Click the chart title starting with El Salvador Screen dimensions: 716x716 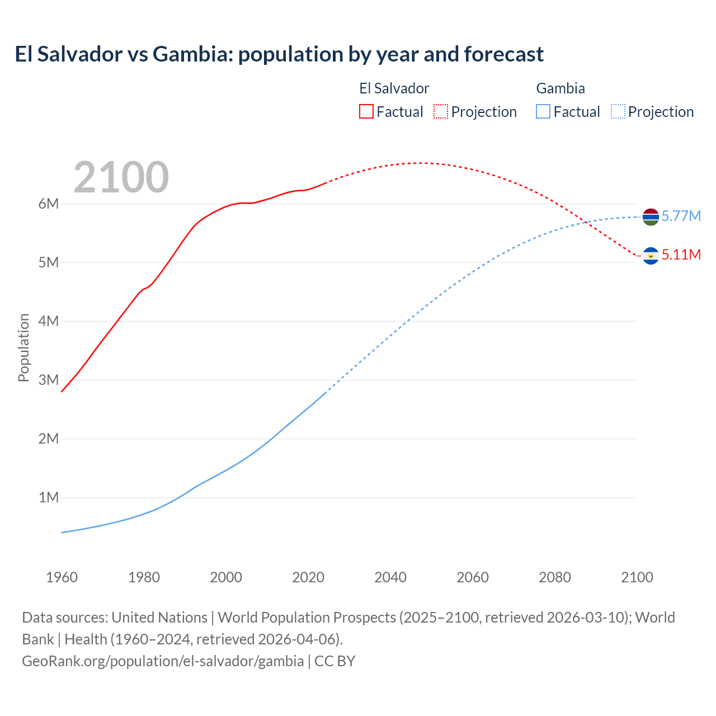(279, 54)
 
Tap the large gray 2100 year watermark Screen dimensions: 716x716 (121, 177)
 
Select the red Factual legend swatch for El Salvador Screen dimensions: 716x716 (366, 112)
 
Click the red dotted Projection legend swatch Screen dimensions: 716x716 (441, 112)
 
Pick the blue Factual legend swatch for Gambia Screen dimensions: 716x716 (543, 112)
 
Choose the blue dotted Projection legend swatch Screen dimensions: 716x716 (618, 112)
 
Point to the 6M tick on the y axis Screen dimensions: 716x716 (49, 204)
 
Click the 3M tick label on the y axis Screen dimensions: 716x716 (49, 380)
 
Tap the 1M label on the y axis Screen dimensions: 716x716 (49, 497)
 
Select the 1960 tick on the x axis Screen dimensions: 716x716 (62, 577)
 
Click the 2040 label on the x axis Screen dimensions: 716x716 (390, 577)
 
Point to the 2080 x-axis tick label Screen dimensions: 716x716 (555, 577)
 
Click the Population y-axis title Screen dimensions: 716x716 (23, 347)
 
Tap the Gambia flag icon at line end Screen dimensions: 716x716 (651, 216)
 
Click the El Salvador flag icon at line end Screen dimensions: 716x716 (651, 256)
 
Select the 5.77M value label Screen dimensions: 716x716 (681, 216)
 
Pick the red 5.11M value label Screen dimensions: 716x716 (681, 255)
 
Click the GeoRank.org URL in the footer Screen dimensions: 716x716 (163, 661)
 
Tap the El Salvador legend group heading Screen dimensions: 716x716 (394, 88)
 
